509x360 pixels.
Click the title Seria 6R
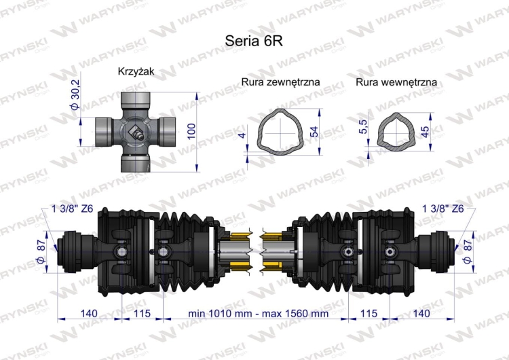click(253, 40)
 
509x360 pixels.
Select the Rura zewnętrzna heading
click(281, 82)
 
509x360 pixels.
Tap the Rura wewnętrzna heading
click(396, 82)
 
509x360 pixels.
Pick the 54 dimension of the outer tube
click(314, 131)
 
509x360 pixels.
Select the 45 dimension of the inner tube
click(426, 131)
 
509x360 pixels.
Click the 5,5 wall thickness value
click(363, 126)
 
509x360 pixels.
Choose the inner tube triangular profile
click(396, 131)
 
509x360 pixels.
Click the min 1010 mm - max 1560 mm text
click(258, 314)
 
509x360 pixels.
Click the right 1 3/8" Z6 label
click(442, 209)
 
